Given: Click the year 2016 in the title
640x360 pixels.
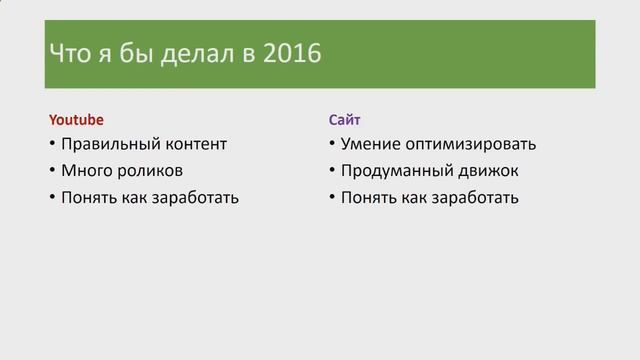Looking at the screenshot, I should (x=290, y=53).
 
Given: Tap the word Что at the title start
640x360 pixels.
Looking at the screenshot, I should (x=72, y=53).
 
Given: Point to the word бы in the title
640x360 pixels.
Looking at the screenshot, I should (x=139, y=53).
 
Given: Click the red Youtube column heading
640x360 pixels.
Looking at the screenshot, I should (x=76, y=118).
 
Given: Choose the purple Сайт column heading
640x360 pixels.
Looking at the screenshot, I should (x=345, y=118).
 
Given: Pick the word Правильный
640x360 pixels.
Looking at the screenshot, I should (x=103, y=144).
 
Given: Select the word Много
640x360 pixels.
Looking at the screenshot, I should (x=85, y=170).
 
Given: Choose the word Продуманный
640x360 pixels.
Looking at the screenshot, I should (x=393, y=170).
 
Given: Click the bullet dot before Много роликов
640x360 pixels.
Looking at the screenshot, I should (x=52, y=170).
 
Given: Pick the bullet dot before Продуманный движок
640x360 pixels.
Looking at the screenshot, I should (x=332, y=170).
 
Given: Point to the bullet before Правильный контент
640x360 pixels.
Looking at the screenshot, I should (x=52, y=144).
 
